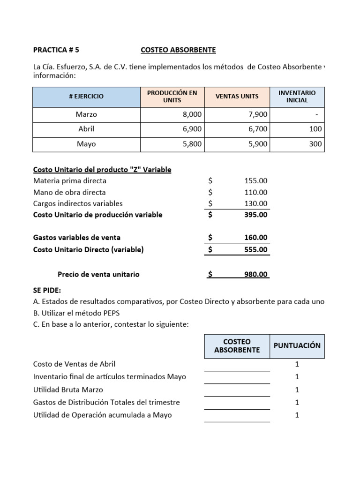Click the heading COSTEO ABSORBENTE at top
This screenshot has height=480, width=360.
tap(178, 50)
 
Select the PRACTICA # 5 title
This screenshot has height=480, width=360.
tap(53, 50)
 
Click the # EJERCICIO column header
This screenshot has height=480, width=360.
tap(86, 96)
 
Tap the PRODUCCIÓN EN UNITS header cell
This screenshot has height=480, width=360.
tap(172, 96)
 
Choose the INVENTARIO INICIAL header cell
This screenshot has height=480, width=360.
tap(297, 96)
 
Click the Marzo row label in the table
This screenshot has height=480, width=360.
tap(86, 114)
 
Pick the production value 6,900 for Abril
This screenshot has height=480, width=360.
tap(192, 129)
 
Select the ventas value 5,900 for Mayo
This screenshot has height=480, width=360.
tap(257, 144)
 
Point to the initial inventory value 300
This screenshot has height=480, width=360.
tap(315, 144)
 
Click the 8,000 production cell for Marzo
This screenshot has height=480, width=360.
tap(192, 114)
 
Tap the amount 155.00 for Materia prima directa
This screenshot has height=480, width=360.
tap(256, 180)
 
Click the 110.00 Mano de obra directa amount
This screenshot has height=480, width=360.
tap(256, 192)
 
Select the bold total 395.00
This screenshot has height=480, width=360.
tap(256, 215)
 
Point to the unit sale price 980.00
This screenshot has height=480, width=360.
tap(256, 274)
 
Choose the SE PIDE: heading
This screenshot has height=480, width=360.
tap(47, 291)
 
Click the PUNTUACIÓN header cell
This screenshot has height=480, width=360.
tap(297, 345)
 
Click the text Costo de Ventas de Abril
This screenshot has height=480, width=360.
tap(74, 364)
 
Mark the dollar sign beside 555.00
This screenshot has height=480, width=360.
tap(210, 249)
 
